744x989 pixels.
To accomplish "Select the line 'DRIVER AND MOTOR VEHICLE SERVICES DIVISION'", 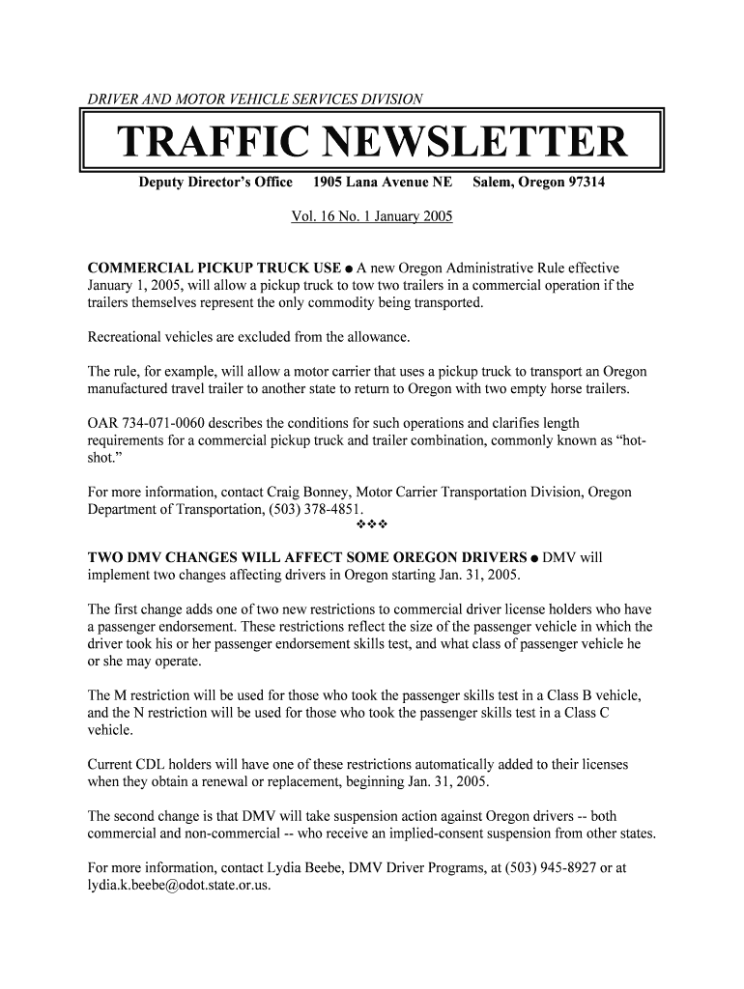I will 255,99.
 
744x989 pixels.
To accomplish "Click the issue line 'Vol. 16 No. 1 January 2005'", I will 372,216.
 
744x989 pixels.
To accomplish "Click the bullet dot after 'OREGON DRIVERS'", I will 534,558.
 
